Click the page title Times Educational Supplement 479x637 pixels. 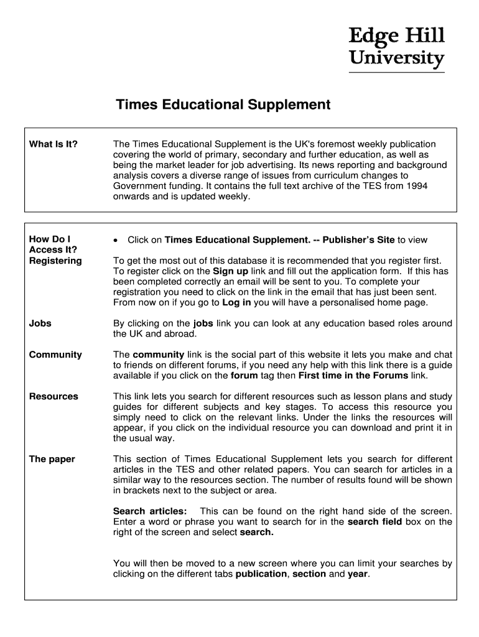pyautogui.click(x=223, y=105)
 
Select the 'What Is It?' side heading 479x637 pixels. pyautogui.click(x=53, y=144)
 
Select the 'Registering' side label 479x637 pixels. pyautogui.click(x=55, y=261)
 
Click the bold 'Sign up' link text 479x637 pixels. pyautogui.click(x=230, y=271)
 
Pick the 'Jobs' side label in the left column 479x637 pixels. pyautogui.click(x=40, y=323)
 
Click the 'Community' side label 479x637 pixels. pyautogui.click(x=55, y=355)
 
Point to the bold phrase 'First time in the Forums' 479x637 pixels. pyautogui.click(x=353, y=376)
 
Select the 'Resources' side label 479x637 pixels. pyautogui.click(x=53, y=396)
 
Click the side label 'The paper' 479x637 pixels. pyautogui.click(x=52, y=459)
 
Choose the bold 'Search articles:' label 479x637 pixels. pyautogui.click(x=149, y=511)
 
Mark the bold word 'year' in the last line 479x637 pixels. pyautogui.click(x=358, y=574)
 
